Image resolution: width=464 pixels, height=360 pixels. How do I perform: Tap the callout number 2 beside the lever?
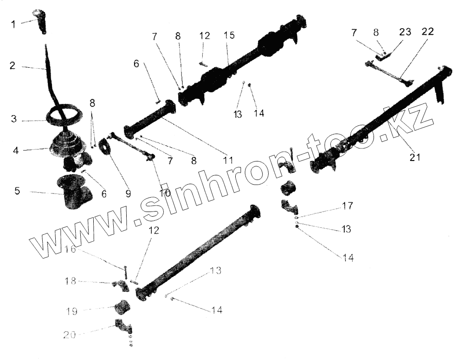click(12, 66)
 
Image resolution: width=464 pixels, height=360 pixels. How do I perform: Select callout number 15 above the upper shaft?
click(229, 36)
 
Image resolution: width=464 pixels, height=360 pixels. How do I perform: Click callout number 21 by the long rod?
click(414, 158)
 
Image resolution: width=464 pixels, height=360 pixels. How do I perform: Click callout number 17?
click(348, 205)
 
